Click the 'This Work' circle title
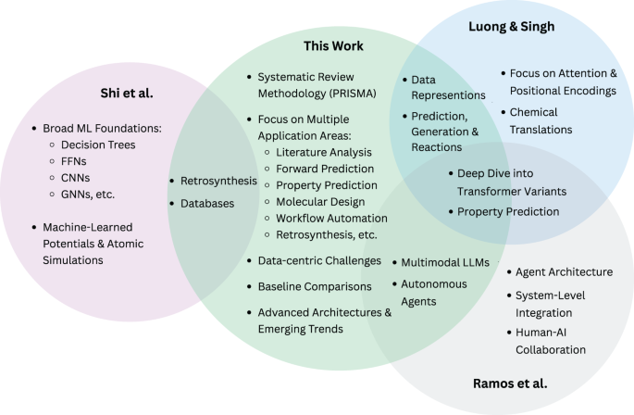334,45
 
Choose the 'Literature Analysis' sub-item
323,151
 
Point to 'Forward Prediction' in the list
325,169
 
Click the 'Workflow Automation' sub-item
331,219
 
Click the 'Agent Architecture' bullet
564,272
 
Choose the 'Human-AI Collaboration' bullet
551,342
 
